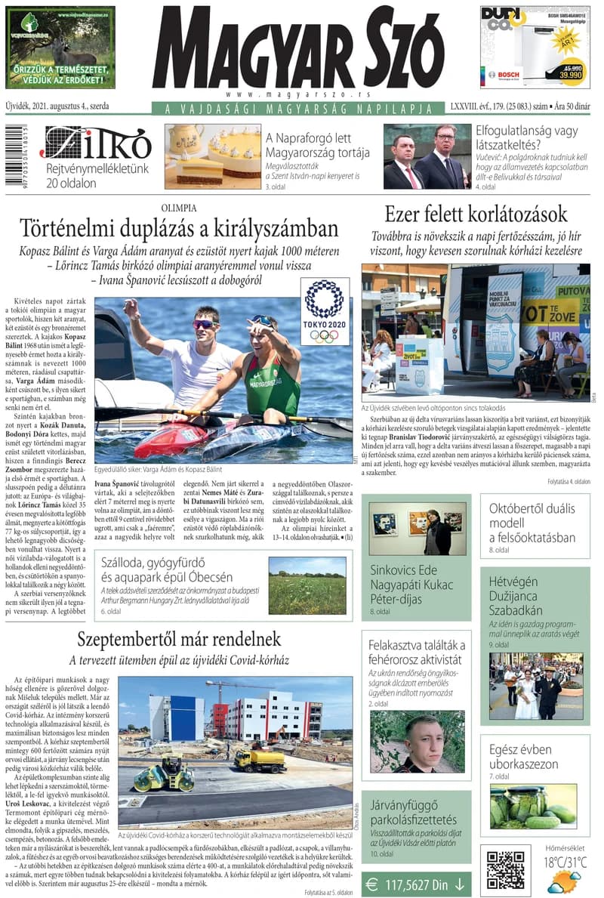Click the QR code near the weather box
(x=505, y=870)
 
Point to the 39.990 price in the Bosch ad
(x=569, y=75)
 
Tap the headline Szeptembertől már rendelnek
(x=179, y=639)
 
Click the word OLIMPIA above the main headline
(x=179, y=207)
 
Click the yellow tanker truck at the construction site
(x=259, y=759)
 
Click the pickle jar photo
(x=533, y=806)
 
